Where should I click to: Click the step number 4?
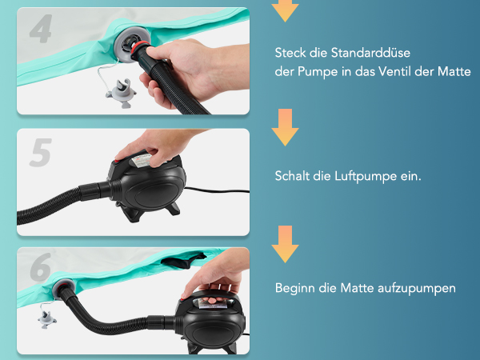coord(41,29)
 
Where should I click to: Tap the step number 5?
coord(41,152)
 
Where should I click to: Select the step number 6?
coord(41,266)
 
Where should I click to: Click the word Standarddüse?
coord(370,53)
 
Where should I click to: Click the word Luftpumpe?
coord(366,177)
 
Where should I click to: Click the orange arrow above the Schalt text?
coord(285,127)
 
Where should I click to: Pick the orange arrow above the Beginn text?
coord(285,244)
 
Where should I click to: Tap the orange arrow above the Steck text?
coord(285,9)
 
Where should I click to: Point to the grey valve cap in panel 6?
coord(47,319)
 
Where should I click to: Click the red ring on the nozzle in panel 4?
coord(138,49)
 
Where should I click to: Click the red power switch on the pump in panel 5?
coord(117,161)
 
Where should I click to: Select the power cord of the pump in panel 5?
coord(217,190)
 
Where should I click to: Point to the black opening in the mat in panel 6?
coord(182,261)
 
